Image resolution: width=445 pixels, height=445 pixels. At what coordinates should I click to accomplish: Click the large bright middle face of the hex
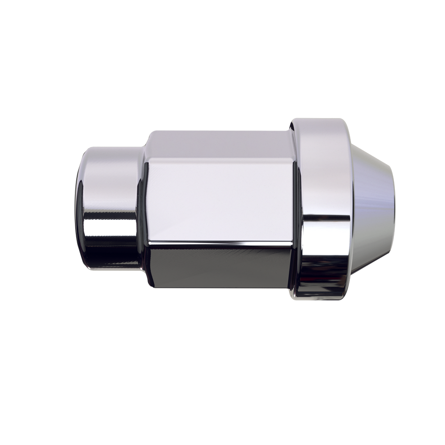click(220, 199)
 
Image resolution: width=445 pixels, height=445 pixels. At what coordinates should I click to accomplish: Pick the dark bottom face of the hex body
click(220, 267)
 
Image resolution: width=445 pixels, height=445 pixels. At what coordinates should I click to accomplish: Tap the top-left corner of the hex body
click(149, 133)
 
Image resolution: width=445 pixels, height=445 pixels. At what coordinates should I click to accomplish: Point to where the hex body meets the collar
click(294, 206)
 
